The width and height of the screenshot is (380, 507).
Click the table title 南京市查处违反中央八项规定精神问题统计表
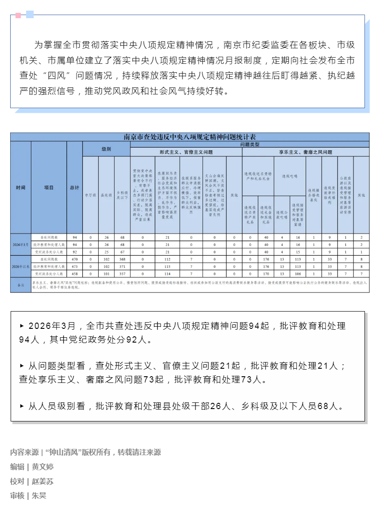point(190,137)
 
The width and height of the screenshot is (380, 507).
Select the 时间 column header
point(20,187)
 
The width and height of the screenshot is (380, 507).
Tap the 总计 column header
point(74,187)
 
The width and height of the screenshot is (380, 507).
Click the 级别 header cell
point(106,149)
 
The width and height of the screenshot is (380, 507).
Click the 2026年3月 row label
point(20,244)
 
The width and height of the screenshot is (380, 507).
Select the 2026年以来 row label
point(20,266)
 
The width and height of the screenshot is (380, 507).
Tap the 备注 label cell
point(20,284)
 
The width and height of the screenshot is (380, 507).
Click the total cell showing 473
point(74,266)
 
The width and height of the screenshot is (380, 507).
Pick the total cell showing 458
point(74,274)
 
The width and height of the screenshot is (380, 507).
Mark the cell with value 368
point(122,259)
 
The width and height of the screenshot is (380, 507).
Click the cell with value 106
point(298,274)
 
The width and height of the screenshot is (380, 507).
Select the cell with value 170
point(266,274)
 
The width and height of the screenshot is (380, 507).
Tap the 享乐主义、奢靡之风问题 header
point(305,152)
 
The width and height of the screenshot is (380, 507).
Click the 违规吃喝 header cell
point(290,176)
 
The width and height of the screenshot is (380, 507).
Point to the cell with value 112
point(167,259)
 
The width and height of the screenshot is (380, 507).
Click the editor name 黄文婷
point(43,467)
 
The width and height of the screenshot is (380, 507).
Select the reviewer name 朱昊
point(39,496)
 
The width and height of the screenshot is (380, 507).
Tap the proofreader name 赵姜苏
point(43,481)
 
